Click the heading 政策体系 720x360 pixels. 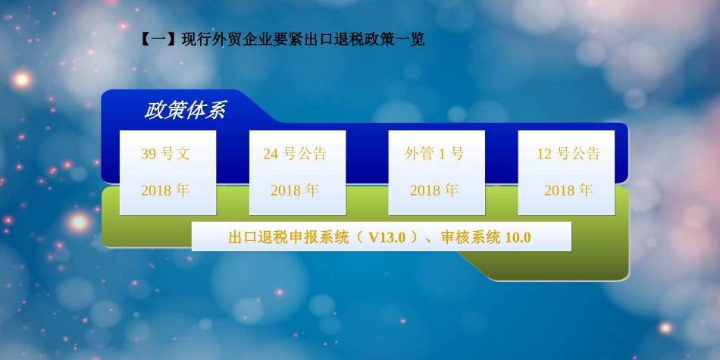click(x=185, y=111)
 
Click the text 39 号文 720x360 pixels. click(x=165, y=154)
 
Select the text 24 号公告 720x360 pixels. click(x=295, y=154)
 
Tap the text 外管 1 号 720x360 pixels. click(x=434, y=154)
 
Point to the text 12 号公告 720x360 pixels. click(x=568, y=154)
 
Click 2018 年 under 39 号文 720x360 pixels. click(x=165, y=190)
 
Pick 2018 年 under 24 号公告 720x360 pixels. click(x=295, y=190)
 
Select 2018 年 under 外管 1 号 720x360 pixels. click(x=434, y=190)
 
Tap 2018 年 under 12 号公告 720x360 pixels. click(x=568, y=190)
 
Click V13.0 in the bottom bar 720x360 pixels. click(x=387, y=237)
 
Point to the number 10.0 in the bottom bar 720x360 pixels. click(x=518, y=237)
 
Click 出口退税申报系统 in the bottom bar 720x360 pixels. click(x=289, y=237)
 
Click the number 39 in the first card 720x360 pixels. click(x=149, y=154)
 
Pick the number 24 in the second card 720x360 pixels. click(x=271, y=154)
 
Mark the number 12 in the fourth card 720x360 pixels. click(x=544, y=154)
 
